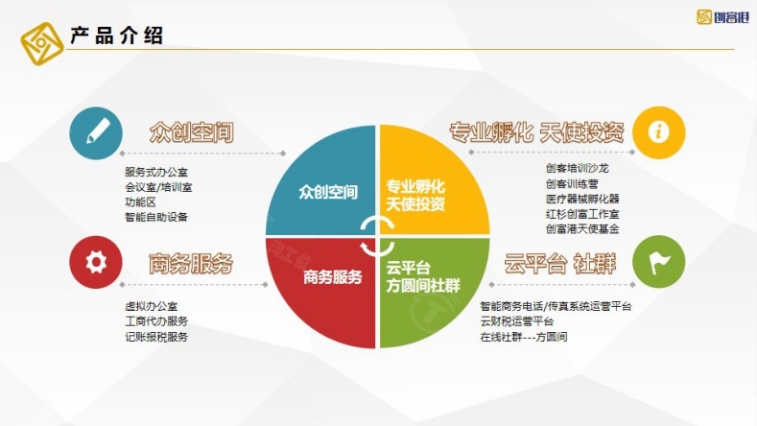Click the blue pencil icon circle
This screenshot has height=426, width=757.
coord(96,132)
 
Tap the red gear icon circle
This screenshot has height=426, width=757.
coord(96,262)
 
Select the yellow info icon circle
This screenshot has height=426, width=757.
coord(659,132)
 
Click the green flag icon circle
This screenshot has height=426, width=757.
coord(659,262)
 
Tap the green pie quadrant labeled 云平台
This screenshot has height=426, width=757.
coord(425,285)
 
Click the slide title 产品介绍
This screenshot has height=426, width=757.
coord(116,35)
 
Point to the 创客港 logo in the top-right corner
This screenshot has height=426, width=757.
coord(722,17)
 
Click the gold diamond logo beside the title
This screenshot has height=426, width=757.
coord(42,43)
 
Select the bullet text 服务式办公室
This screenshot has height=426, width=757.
coord(156,172)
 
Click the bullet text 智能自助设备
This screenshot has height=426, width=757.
coord(156,217)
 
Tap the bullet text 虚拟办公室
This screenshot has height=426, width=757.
coord(151,306)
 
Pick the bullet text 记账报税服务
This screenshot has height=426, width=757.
coord(156,337)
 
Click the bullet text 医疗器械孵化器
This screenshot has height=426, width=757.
coord(582,199)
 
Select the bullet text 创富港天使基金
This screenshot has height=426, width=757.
coord(582,228)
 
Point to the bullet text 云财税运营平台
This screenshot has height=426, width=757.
coord(516,321)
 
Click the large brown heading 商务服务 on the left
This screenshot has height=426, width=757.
coord(191,263)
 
